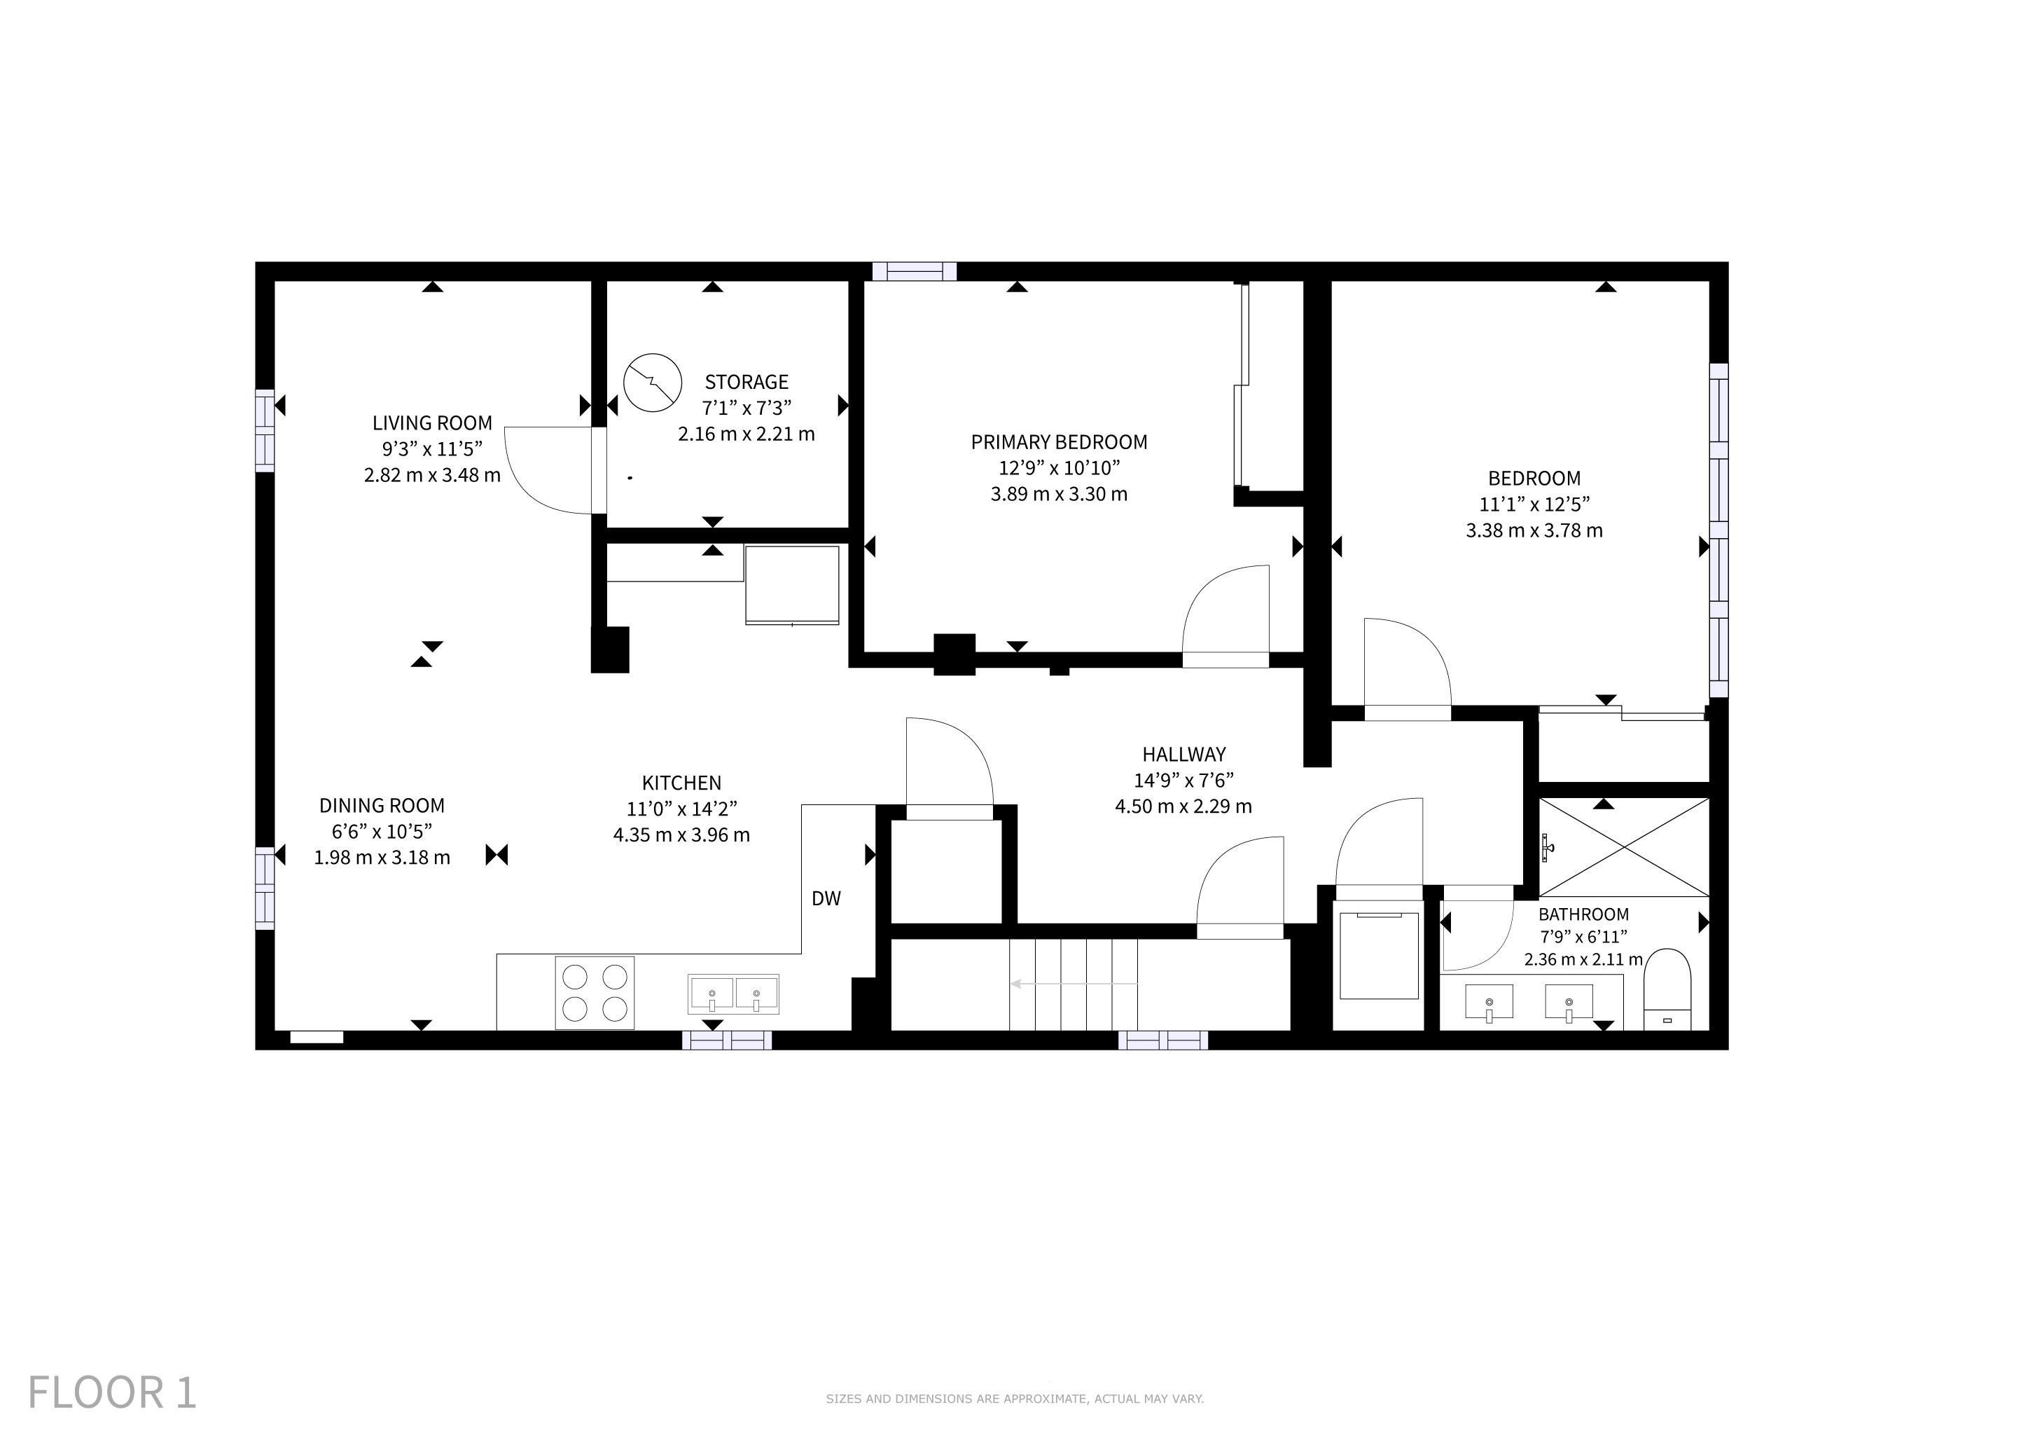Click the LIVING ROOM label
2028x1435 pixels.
pyautogui.click(x=432, y=423)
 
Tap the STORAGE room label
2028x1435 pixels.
pyautogui.click(x=746, y=383)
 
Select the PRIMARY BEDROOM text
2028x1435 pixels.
pyautogui.click(x=1059, y=443)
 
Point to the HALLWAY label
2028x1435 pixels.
pyautogui.click(x=1183, y=755)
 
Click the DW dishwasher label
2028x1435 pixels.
pyautogui.click(x=826, y=899)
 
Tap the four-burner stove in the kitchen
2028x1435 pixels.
pyautogui.click(x=595, y=993)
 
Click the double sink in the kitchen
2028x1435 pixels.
pyautogui.click(x=733, y=994)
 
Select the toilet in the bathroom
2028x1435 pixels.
pyautogui.click(x=1667, y=989)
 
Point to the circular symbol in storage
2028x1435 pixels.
pyautogui.click(x=653, y=383)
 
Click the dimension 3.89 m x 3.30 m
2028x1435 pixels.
pyautogui.click(x=1059, y=494)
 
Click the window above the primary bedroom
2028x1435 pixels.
pyautogui.click(x=914, y=271)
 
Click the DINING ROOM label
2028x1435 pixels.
pyautogui.click(x=382, y=806)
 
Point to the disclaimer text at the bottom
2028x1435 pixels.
pyautogui.click(x=1015, y=1399)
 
